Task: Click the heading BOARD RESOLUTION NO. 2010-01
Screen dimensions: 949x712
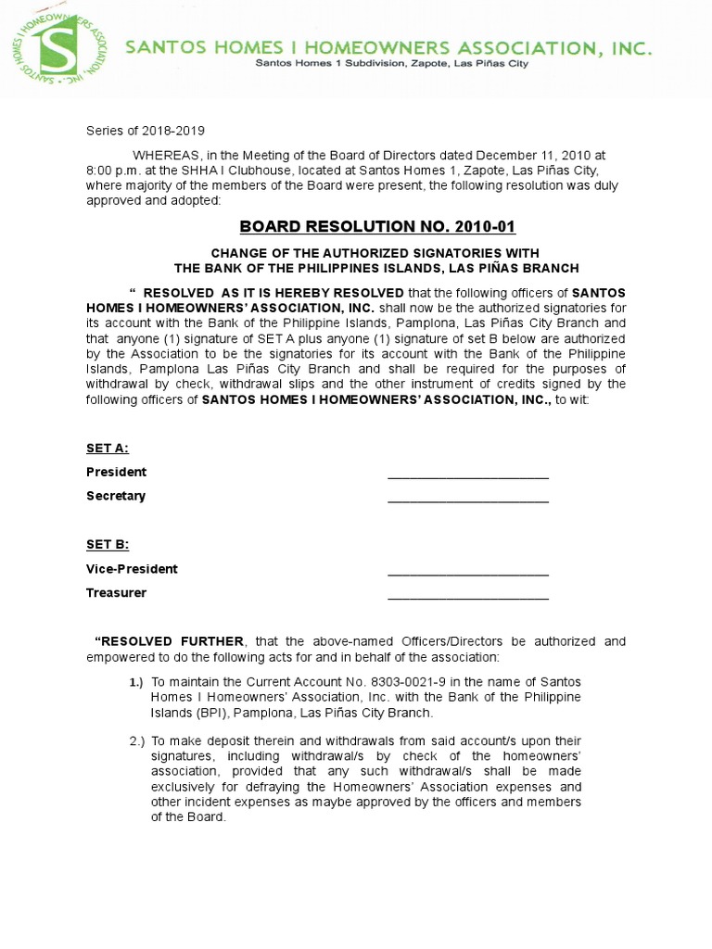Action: (377, 227)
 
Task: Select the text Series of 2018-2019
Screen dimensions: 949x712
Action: (146, 132)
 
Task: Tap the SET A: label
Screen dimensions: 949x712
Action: (108, 449)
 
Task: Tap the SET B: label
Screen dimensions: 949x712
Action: (108, 545)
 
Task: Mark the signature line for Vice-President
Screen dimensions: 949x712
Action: (467, 571)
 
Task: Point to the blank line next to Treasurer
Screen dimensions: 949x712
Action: (467, 595)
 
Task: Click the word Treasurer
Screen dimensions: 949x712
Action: (117, 593)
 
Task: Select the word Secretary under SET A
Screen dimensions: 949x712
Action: (116, 496)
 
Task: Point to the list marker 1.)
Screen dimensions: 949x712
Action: (136, 683)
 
